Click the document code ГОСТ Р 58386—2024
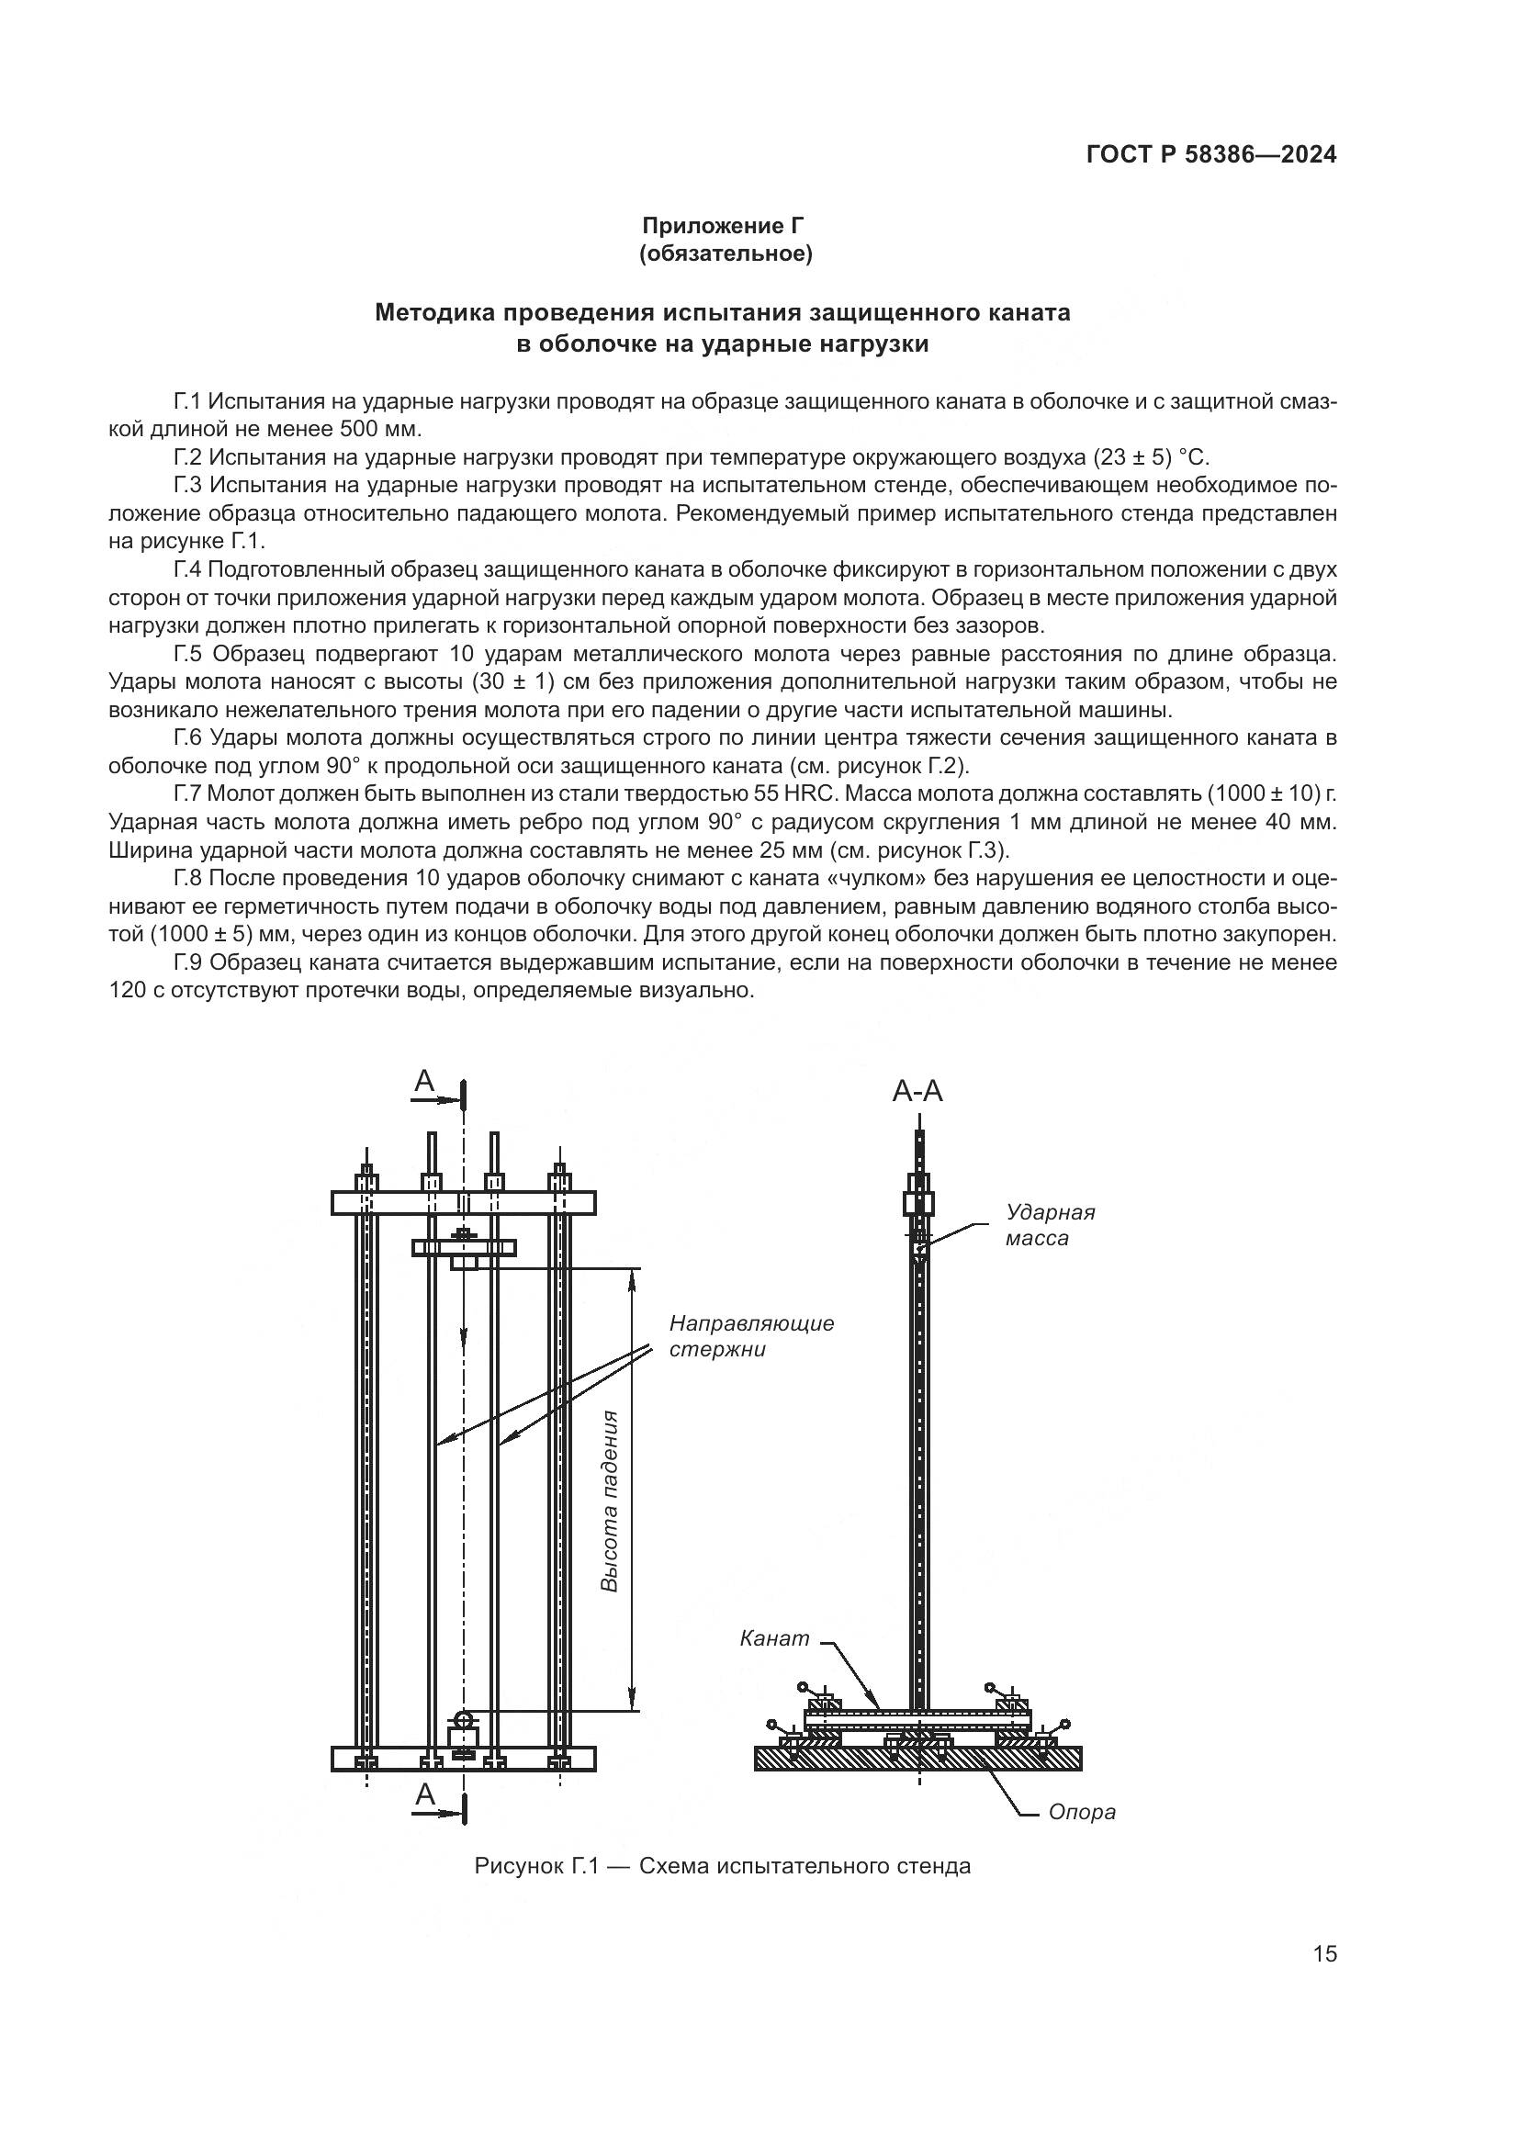[1211, 155]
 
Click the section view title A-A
[917, 1091]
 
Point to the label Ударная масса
[1050, 1225]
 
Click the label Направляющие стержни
[751, 1336]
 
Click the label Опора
[1081, 1812]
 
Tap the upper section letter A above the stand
[424, 1082]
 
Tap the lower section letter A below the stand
[424, 1794]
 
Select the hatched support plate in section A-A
[917, 1759]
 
